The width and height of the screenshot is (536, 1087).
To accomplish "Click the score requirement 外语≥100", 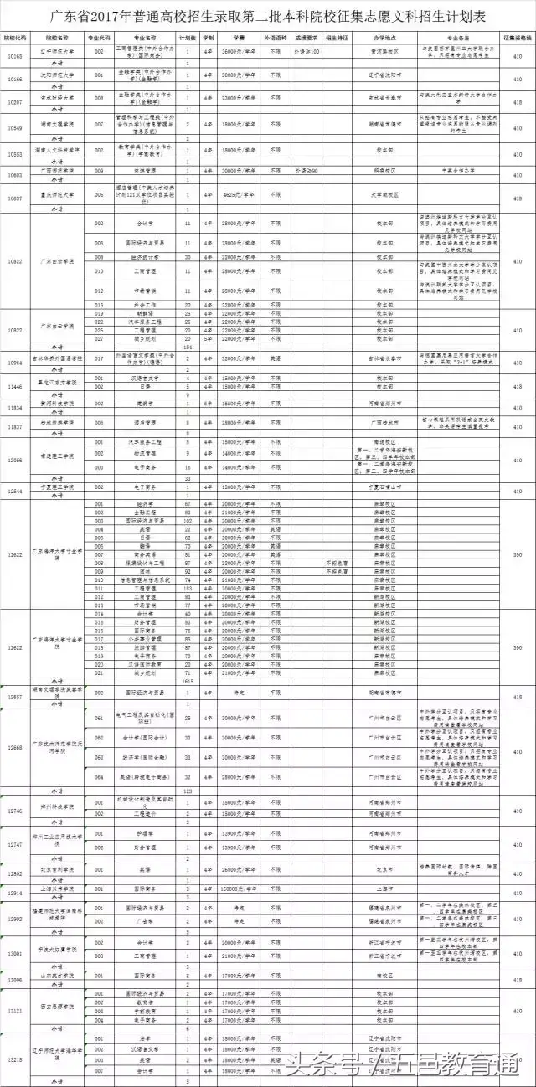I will click(307, 51).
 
